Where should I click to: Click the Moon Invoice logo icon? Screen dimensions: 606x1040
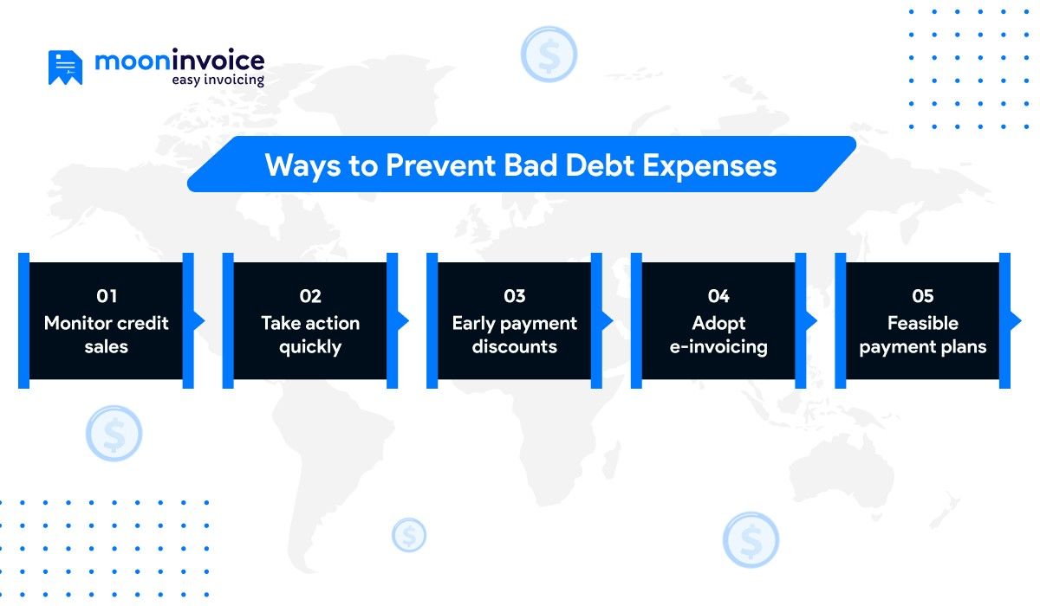coord(65,68)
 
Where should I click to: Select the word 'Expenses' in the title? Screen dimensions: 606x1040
coord(709,164)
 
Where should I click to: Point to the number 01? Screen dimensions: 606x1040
coord(107,296)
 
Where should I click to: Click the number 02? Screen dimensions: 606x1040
coord(310,296)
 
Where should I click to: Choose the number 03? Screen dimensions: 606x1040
coord(515,296)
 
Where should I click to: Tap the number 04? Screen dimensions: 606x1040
coord(718,296)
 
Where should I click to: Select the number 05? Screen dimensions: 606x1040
coord(923,296)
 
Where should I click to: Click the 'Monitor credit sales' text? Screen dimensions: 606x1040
coord(107,335)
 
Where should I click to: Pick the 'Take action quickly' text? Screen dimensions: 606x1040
coord(310,335)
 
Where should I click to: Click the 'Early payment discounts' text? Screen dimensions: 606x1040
coord(515,335)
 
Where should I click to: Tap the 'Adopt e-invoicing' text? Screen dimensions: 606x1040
coord(718,335)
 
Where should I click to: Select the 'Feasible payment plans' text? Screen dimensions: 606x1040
coord(923,335)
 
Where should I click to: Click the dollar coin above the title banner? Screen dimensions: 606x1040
coord(549,54)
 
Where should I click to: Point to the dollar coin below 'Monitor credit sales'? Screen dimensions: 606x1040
coord(114,434)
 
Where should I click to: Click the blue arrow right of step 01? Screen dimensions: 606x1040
coord(199,321)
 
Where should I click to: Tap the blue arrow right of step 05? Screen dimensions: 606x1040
coord(1016,321)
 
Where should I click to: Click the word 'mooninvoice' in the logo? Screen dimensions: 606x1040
coord(179,61)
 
